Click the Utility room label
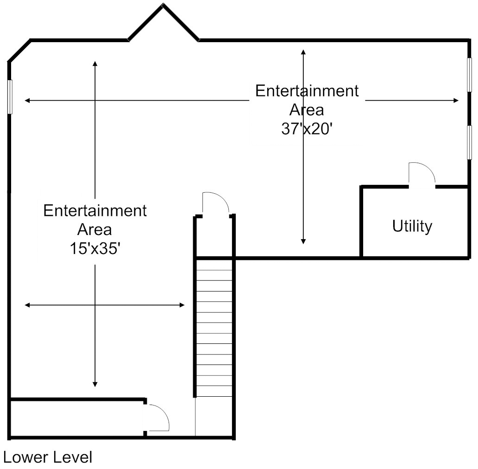(412, 226)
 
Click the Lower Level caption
(48, 457)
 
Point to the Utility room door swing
(422, 174)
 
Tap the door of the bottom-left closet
(158, 418)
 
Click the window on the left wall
(10, 96)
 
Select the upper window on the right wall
(469, 75)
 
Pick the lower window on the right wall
(469, 142)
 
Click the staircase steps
(214, 327)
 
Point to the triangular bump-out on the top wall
(164, 23)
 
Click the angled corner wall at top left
(19, 51)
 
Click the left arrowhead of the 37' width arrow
(27, 100)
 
